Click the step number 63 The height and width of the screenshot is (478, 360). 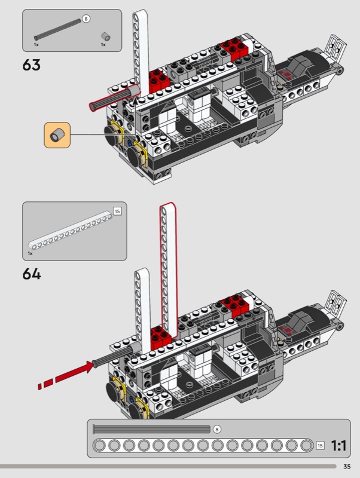pos(32,65)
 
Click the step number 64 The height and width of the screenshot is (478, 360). pos(32,274)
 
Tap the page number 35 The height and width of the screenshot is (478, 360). pos(347,467)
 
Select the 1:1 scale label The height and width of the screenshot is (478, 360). pos(338,446)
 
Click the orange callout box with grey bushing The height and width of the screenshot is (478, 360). pos(57,135)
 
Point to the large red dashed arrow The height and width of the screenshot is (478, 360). pos(66,376)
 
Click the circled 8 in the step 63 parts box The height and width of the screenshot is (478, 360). pos(86,19)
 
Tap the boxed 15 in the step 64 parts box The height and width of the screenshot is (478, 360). pos(117,211)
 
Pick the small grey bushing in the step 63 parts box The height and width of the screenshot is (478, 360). pos(106,36)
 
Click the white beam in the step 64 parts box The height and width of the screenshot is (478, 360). pos(70,231)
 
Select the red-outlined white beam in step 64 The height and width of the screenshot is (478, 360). pos(169,269)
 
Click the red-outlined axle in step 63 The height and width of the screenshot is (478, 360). pos(115,97)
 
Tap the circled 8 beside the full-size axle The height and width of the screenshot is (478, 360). pos(216,429)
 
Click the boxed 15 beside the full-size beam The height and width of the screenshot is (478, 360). pos(320,445)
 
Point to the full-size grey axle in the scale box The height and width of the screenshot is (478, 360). pos(152,429)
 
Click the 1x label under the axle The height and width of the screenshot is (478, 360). pos(36,45)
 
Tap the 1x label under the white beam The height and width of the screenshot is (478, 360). pos(30,253)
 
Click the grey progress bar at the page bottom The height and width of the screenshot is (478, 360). pos(168,467)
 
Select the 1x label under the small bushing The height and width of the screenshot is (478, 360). pos(103,45)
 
